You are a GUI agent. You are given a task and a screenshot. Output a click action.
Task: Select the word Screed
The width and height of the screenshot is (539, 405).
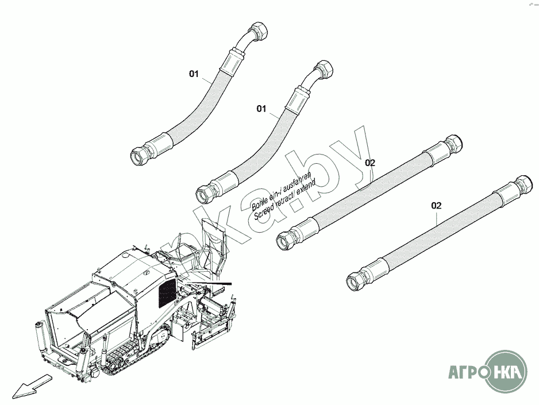(x=264, y=214)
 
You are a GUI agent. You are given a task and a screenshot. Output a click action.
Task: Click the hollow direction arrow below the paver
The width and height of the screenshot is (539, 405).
(x=31, y=384)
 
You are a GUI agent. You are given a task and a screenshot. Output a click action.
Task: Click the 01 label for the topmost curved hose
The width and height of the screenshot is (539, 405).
(x=194, y=74)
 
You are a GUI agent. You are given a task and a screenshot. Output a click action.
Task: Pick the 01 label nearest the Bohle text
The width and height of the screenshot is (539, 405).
(x=261, y=109)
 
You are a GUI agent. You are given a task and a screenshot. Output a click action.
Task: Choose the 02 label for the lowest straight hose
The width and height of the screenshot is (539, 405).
(x=437, y=205)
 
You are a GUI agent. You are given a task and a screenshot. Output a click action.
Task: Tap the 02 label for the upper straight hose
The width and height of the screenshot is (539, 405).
(x=370, y=163)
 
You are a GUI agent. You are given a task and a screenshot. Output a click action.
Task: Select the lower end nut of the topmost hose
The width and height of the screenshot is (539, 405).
(x=140, y=154)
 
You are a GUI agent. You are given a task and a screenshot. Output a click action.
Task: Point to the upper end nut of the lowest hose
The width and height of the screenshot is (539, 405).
(x=523, y=186)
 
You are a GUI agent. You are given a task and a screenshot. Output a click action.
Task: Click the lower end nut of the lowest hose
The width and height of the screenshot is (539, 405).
(x=356, y=280)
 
